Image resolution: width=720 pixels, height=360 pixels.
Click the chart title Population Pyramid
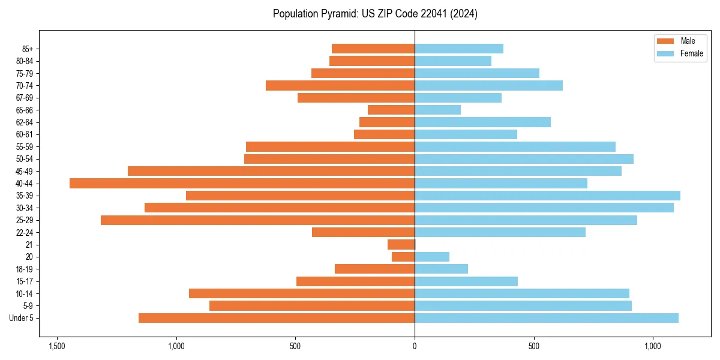point(375,14)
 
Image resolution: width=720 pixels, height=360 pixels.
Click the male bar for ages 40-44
point(242,184)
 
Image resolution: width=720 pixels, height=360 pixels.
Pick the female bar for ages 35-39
point(547,196)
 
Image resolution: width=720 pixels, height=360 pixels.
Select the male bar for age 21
point(401,245)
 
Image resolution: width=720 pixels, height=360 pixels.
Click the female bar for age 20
point(432,257)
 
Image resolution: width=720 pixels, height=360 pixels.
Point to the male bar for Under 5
point(277,318)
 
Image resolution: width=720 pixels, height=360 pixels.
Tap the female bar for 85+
point(459,49)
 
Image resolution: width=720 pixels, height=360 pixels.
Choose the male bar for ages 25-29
point(257,220)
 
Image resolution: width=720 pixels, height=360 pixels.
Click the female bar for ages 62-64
point(482,122)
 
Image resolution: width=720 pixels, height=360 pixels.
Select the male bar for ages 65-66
point(391,110)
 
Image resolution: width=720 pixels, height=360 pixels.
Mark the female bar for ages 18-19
point(441,269)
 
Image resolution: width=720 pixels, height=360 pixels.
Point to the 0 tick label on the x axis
point(415,347)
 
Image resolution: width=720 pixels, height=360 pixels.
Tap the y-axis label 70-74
point(25,86)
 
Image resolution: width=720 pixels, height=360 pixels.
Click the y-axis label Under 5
point(22,318)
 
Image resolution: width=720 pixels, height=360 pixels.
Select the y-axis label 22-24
point(25,233)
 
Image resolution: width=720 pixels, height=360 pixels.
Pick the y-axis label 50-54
point(25,159)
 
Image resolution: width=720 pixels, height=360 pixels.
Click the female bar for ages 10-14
point(522,293)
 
